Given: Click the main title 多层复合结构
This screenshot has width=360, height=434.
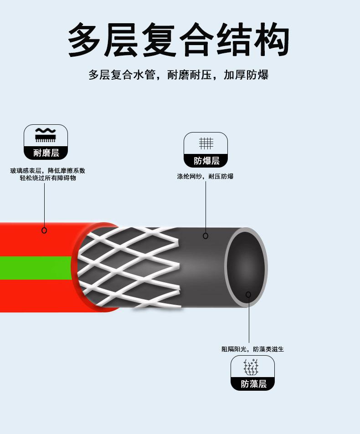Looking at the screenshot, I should (x=179, y=40).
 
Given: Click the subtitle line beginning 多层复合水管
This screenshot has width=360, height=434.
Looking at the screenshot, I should (x=179, y=75).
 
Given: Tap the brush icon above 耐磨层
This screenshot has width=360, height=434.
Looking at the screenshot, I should (x=46, y=135).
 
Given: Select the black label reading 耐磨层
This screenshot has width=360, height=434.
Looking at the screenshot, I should (x=46, y=153).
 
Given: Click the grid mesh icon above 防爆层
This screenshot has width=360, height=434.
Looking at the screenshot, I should (x=206, y=143).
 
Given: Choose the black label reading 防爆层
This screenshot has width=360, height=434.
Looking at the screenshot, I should (x=206, y=161).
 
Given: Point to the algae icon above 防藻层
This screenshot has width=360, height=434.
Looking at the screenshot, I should (x=252, y=367).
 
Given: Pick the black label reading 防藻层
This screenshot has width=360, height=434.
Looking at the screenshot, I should (x=253, y=384).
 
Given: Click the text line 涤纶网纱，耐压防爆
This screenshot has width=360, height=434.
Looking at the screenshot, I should (x=205, y=176).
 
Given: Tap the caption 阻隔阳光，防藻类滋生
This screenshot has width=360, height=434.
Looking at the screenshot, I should (x=252, y=349).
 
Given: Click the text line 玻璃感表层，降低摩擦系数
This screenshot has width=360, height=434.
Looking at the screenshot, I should (x=47, y=171).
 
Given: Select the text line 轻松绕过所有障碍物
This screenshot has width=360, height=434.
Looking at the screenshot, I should (x=47, y=178).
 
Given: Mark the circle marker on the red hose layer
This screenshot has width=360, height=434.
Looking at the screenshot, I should (x=44, y=230).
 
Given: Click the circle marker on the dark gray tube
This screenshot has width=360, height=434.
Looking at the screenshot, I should (x=206, y=236).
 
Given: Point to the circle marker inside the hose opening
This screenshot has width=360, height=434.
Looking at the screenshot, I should (x=248, y=295).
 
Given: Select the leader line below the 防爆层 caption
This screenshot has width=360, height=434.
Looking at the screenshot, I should (x=206, y=205).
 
